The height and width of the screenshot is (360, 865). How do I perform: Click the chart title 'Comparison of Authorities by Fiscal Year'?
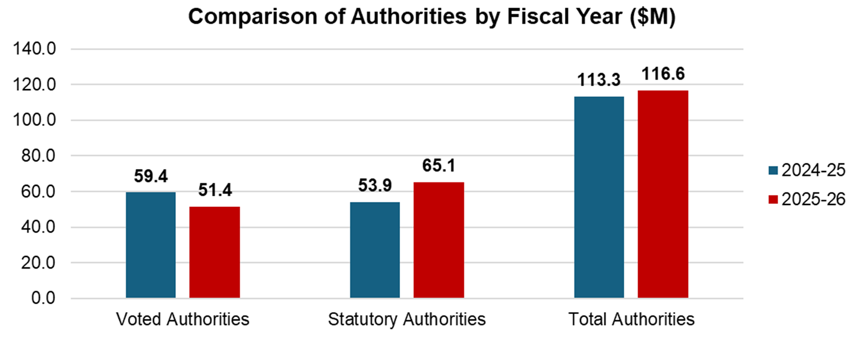click(x=432, y=17)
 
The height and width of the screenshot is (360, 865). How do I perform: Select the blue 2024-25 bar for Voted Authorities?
click(x=151, y=245)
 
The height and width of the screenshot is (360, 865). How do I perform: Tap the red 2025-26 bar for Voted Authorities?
click(x=214, y=252)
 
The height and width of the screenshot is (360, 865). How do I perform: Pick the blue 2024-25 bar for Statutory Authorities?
click(x=375, y=250)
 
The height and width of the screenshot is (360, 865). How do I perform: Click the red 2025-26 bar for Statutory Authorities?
click(x=438, y=240)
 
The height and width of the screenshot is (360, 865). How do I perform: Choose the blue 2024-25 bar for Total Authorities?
click(x=599, y=197)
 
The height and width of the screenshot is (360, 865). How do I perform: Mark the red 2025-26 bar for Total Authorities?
click(x=662, y=194)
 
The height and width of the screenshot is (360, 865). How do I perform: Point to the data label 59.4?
click(x=151, y=178)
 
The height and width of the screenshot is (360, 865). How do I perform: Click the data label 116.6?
click(x=662, y=75)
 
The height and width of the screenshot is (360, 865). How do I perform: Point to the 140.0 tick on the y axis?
click(x=35, y=49)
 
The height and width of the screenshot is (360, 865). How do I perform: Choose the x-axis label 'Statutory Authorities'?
click(x=406, y=320)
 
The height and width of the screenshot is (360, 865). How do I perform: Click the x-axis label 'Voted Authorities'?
click(x=182, y=320)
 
